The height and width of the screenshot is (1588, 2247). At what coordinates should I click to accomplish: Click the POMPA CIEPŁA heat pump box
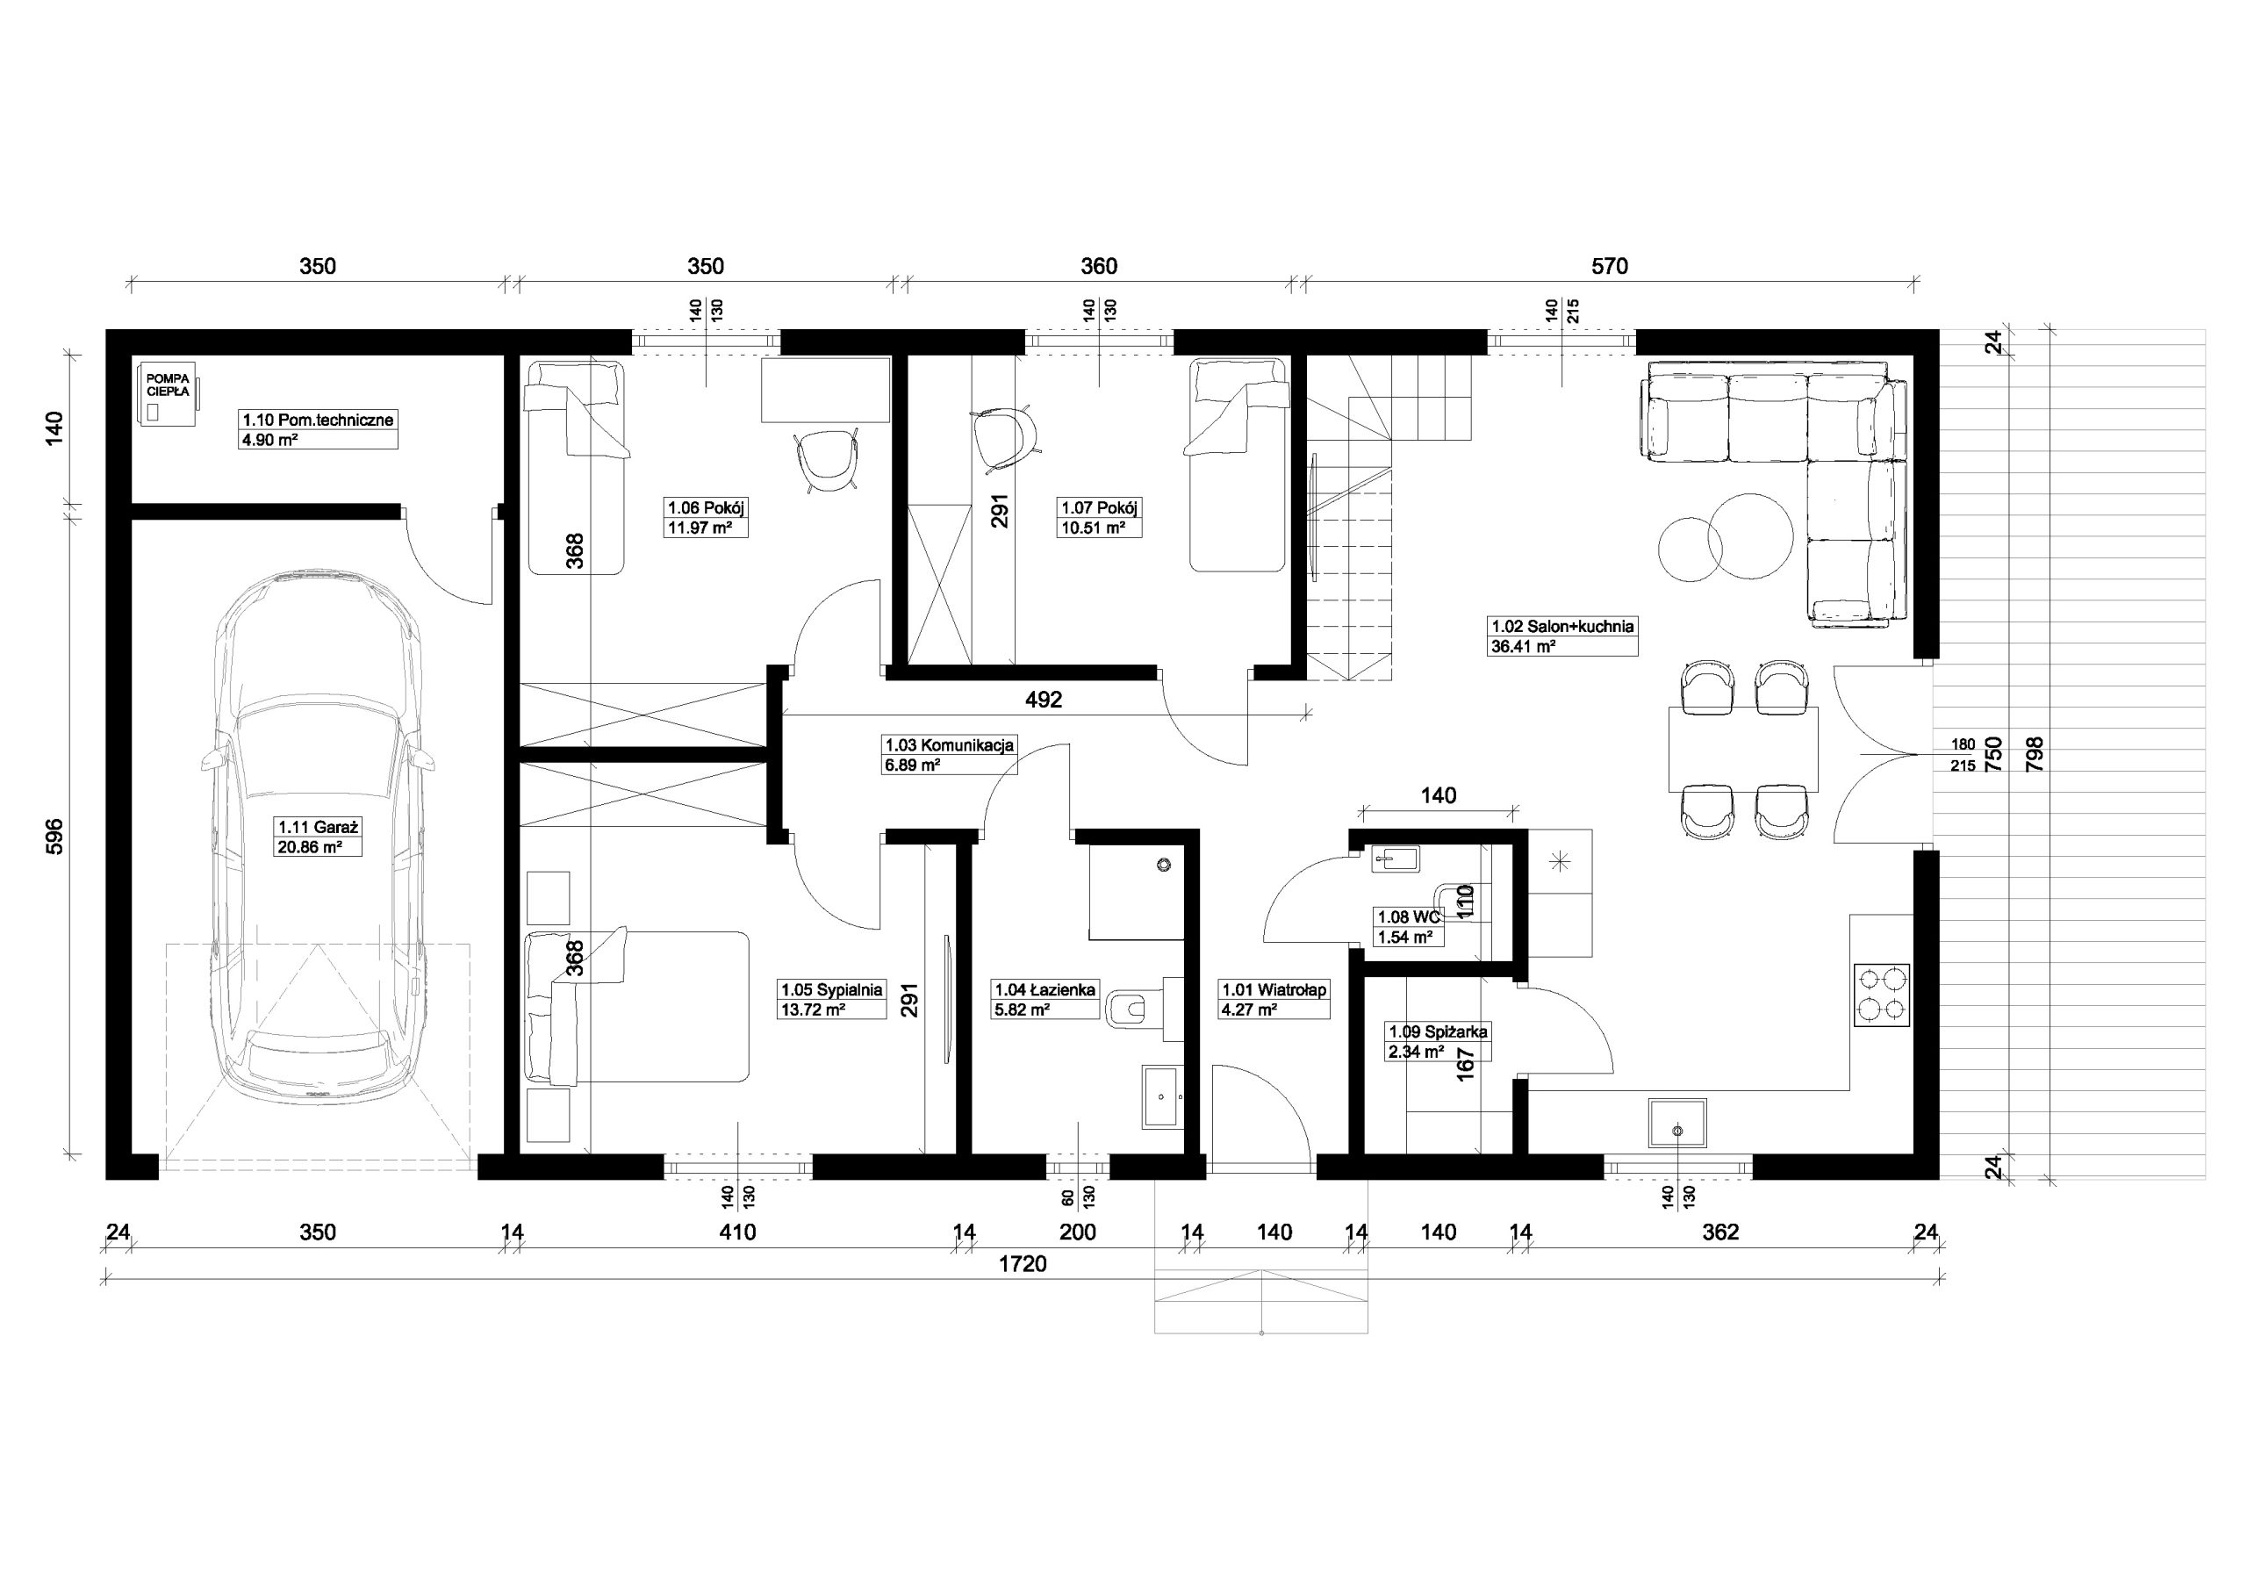(169, 394)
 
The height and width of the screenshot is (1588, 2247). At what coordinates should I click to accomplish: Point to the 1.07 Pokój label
(1100, 517)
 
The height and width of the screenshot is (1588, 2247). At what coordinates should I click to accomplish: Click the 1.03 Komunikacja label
(950, 755)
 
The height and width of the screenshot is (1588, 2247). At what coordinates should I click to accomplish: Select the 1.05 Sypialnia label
(832, 999)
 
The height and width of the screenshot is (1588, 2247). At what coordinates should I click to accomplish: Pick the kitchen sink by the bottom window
(1678, 1123)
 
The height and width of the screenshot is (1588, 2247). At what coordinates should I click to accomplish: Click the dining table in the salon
(1743, 748)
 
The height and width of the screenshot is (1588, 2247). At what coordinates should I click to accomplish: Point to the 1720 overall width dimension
(1023, 1264)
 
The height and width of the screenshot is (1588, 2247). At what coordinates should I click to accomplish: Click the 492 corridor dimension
(1044, 700)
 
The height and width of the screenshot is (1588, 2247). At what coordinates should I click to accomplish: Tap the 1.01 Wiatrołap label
(1274, 1000)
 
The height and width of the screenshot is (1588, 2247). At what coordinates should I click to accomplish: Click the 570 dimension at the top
(1609, 266)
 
